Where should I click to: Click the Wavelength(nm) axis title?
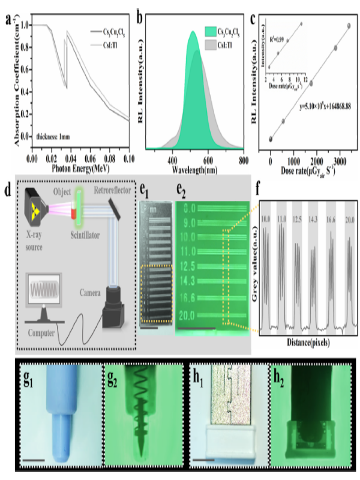[195, 170]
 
